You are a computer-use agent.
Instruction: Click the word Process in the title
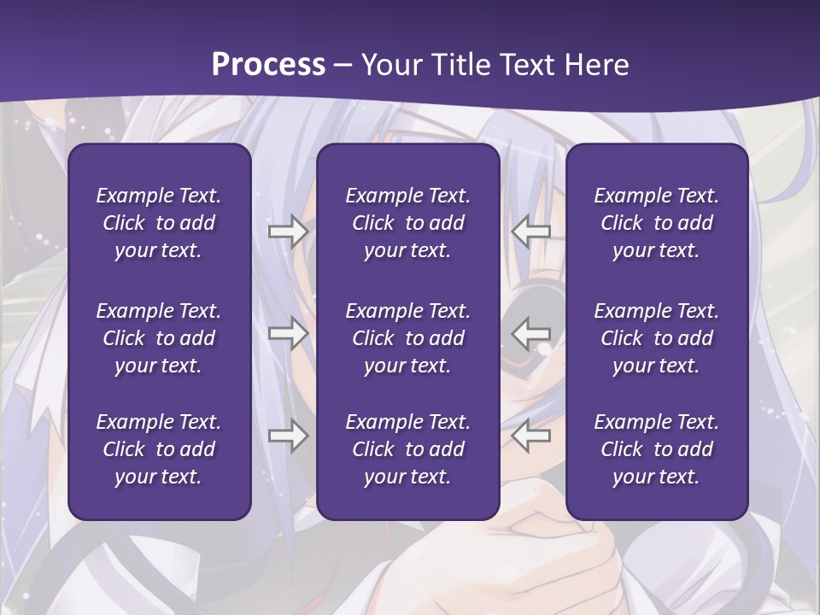[268, 65]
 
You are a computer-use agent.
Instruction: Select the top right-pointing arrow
[288, 231]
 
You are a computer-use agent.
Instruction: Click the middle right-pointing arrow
[288, 333]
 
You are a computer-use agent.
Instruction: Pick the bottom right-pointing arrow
[288, 436]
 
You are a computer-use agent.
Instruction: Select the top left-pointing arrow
[531, 231]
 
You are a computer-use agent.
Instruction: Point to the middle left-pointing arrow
[531, 333]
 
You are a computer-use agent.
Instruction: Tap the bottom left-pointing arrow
[531, 436]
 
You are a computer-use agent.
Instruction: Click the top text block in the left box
[159, 223]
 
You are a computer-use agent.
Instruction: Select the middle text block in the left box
[159, 338]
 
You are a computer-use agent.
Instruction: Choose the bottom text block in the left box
[159, 449]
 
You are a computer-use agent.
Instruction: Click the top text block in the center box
[407, 223]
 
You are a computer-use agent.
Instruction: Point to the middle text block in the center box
[407, 338]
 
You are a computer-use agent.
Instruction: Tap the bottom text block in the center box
[407, 449]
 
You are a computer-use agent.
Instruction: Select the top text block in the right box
[656, 223]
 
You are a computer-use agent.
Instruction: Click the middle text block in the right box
[656, 338]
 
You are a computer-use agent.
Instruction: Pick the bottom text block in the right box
[656, 449]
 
